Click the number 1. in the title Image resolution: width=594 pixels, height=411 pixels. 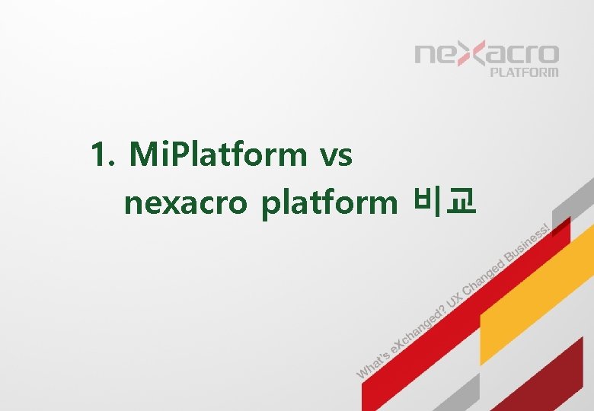(103, 156)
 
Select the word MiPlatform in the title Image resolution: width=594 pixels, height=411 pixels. (218, 156)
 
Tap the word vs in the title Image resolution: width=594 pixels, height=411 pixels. (336, 156)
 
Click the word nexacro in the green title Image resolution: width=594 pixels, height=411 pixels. (186, 203)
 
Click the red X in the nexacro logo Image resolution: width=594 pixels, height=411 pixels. (471, 56)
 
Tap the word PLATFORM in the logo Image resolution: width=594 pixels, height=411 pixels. (523, 73)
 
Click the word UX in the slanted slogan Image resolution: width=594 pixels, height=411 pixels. (454, 300)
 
